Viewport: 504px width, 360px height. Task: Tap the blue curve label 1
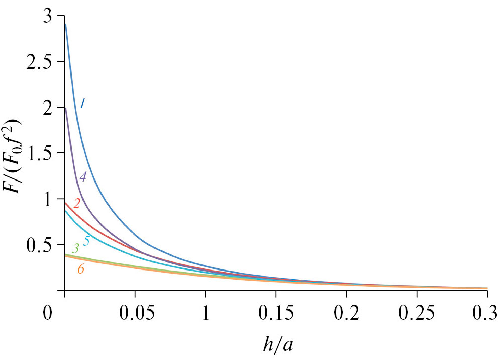(x=82, y=103)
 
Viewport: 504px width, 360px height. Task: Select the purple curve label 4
(x=83, y=177)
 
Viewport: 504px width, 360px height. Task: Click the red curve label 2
(x=77, y=203)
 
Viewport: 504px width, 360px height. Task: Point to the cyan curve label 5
(x=86, y=241)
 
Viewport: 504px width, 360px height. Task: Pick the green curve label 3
(x=75, y=248)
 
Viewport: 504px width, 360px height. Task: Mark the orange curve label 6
(x=80, y=269)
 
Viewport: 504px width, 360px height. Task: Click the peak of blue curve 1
(x=65, y=24)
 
